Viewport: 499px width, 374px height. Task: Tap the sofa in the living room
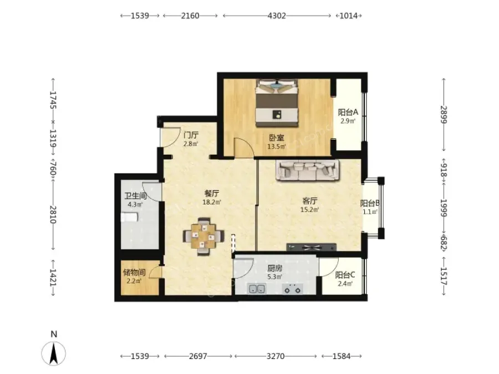coord(308,170)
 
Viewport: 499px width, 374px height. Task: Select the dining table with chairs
coord(203,236)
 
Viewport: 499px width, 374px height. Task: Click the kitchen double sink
coord(257,289)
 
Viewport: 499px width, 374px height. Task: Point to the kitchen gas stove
coord(292,289)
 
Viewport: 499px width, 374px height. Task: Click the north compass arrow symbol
coord(53,353)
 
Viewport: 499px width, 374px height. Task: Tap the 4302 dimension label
coord(277,16)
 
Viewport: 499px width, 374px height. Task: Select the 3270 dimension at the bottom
coord(276,356)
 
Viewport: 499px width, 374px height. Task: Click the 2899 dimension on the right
coord(444,115)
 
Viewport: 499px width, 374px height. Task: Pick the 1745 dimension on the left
coord(53,100)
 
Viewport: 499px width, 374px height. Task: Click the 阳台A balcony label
coord(348,112)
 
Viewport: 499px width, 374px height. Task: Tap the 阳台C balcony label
coord(345,275)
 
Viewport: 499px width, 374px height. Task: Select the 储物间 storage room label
coord(134,272)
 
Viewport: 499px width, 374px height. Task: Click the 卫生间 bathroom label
coord(135,196)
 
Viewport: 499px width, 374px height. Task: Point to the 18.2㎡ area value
coord(212,202)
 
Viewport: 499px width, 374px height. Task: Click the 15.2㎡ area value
coord(309,209)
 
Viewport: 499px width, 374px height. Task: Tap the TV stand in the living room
coord(311,247)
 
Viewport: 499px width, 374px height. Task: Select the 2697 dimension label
coord(198,356)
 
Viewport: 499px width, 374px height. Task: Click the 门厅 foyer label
coord(191,135)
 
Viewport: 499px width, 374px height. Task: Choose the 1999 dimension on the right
coord(444,208)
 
